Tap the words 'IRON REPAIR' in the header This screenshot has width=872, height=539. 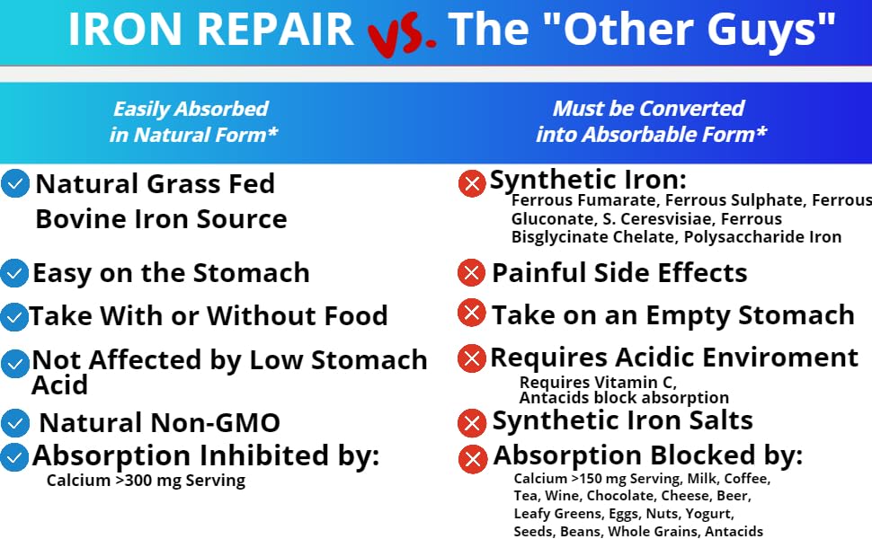pos(211,30)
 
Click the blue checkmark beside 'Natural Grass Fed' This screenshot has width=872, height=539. pos(14,184)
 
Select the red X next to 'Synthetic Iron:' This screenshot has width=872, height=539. pos(472,184)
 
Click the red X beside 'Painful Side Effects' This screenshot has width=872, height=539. pos(472,272)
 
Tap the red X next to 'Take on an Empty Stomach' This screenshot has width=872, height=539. pos(472,314)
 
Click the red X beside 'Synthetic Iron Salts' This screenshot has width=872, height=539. pos(472,421)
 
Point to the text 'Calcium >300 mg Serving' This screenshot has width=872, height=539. pos(146,481)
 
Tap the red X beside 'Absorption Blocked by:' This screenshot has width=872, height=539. pos(472,459)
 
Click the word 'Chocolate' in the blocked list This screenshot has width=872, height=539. pos(621,496)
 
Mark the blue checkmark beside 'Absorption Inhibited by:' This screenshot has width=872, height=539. pos(14,456)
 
